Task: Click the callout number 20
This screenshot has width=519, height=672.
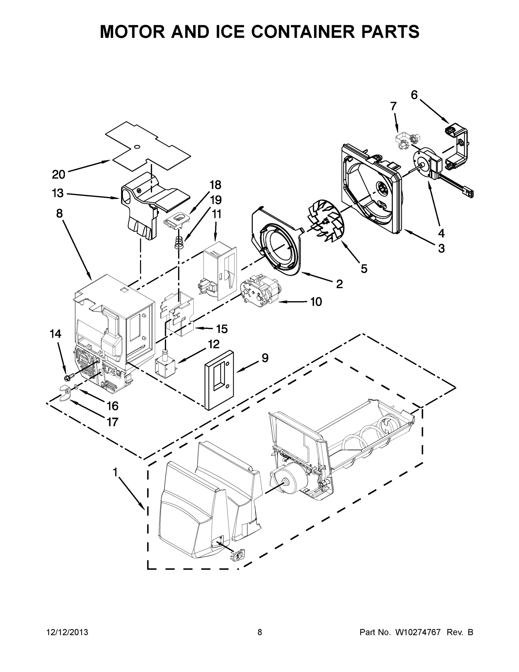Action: tap(58, 174)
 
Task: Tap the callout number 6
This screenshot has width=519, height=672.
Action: tap(414, 95)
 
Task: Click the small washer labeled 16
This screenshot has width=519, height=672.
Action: tap(75, 387)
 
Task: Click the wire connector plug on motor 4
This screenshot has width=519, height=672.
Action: tap(469, 194)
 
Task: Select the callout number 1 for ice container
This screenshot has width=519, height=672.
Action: tap(115, 472)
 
